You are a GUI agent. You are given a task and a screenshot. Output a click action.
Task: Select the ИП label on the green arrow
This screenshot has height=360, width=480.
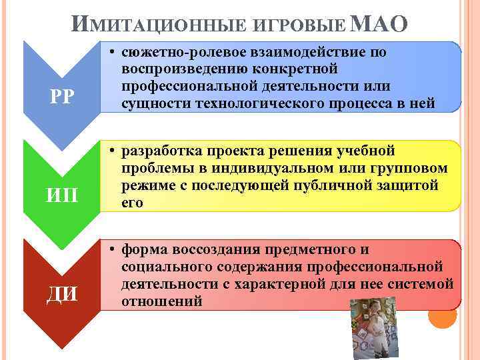pos(61,195)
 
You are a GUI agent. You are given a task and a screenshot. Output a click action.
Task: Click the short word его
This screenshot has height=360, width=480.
pos(132,203)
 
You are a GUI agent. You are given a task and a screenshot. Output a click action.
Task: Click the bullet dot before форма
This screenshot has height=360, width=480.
pos(115,250)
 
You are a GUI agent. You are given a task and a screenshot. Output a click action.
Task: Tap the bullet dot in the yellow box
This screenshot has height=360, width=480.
pos(115,151)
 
